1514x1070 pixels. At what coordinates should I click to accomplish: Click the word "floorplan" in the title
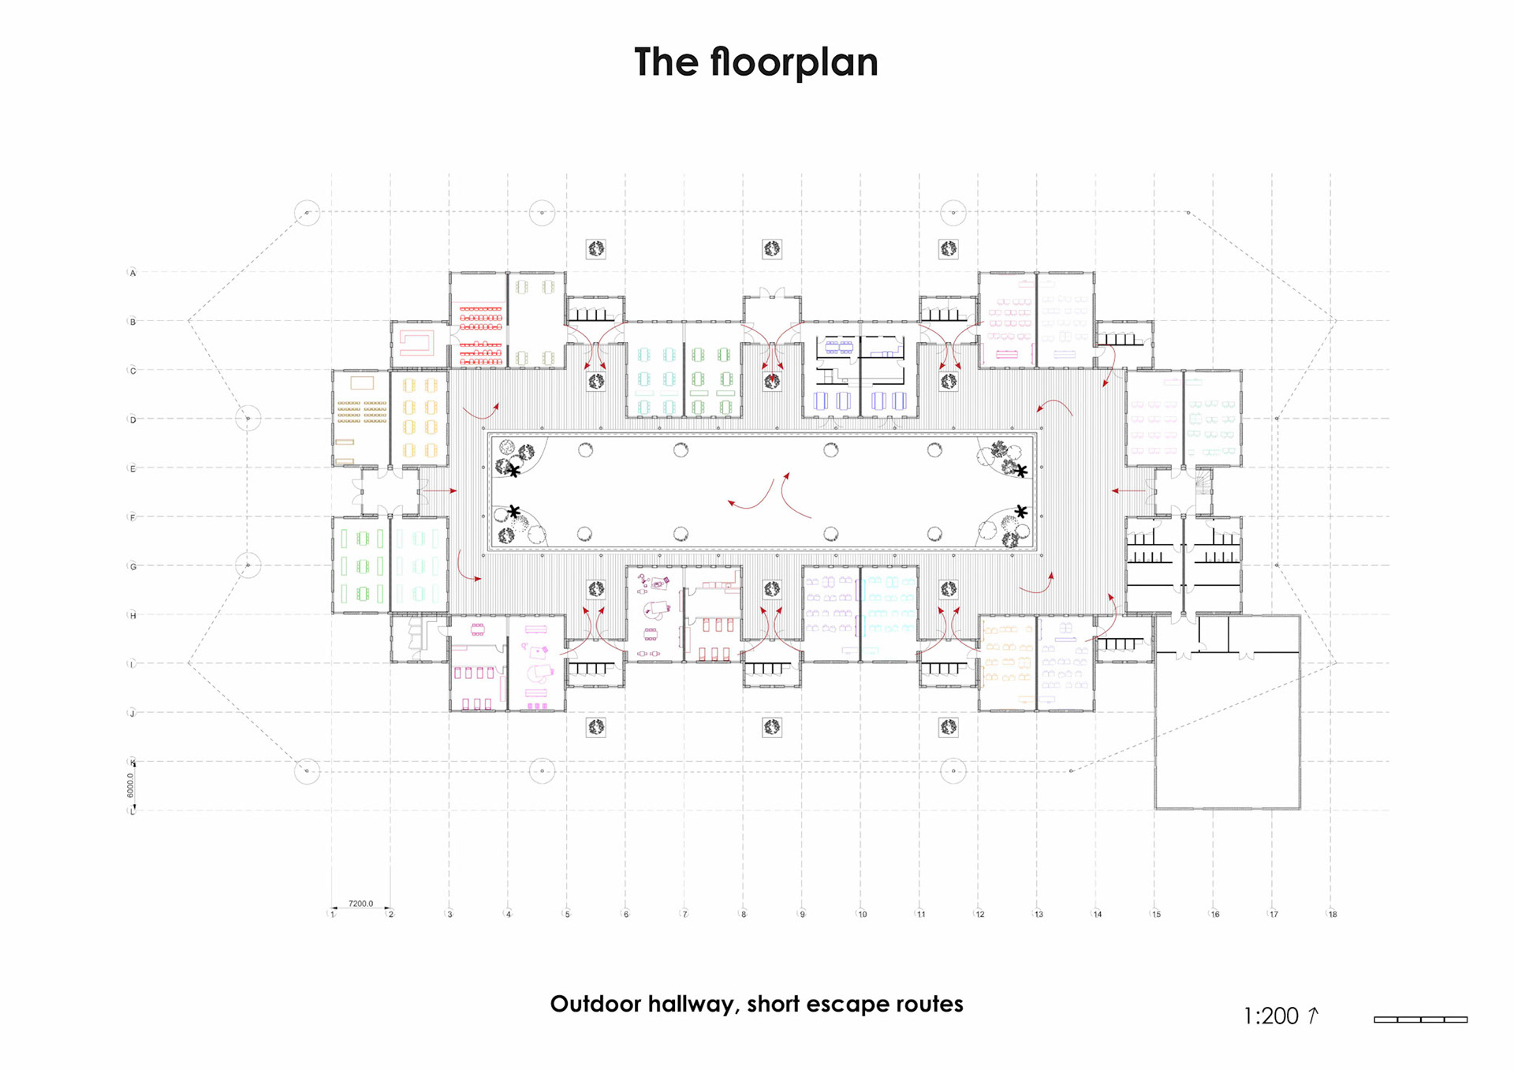point(793,62)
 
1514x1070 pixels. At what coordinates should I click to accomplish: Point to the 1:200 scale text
point(1270,1016)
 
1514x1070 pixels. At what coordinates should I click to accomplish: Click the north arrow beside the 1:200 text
point(1313,1015)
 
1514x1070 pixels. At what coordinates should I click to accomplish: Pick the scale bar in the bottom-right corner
point(1420,1020)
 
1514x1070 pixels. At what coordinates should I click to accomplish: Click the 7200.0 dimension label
point(360,904)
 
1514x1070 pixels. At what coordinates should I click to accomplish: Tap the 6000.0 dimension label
point(131,785)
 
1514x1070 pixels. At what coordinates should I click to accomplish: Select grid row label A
point(132,273)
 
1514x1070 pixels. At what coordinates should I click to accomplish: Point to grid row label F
point(132,517)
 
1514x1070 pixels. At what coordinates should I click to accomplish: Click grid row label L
point(132,811)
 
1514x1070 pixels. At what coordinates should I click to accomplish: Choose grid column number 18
point(1332,914)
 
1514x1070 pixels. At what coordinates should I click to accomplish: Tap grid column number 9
point(802,914)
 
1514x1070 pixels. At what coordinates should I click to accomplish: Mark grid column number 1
point(333,914)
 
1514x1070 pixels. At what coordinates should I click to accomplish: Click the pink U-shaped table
point(417,342)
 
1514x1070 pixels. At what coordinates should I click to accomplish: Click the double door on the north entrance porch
point(772,293)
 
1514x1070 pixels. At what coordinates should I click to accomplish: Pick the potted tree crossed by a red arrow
point(772,382)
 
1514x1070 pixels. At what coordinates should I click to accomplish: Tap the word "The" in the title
point(665,62)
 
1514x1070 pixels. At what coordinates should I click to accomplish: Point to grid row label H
point(132,615)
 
